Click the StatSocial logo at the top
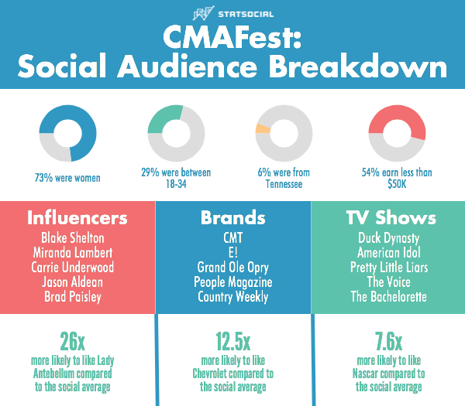(x=232, y=13)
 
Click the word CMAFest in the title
(x=232, y=39)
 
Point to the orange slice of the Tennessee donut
(x=263, y=128)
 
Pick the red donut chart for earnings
(x=397, y=133)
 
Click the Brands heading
(x=233, y=218)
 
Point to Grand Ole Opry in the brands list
(x=233, y=267)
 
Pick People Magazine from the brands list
(x=233, y=281)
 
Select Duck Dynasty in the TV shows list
(x=388, y=237)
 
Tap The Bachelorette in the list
(x=388, y=296)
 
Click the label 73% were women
(x=67, y=178)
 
